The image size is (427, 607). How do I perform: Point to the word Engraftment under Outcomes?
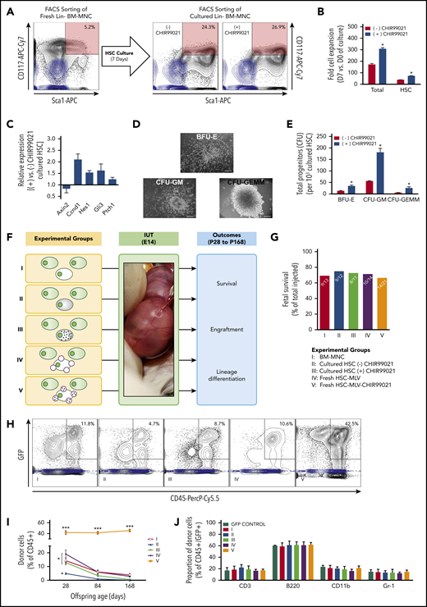234,309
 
